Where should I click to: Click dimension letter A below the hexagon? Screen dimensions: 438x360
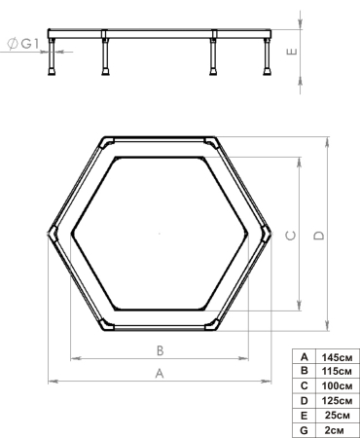pos(161,373)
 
